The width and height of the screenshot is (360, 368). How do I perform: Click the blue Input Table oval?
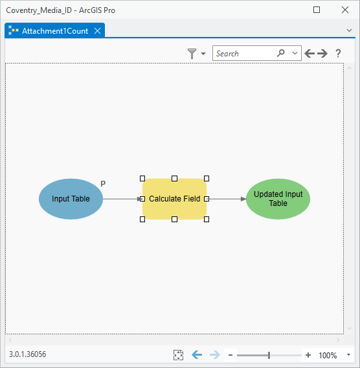coord(71,199)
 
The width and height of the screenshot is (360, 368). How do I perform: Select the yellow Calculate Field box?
coord(174,199)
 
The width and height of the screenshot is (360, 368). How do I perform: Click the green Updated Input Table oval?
coord(278,199)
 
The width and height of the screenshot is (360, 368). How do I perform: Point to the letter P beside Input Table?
coord(103,183)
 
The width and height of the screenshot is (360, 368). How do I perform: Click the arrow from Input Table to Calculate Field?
coord(122,199)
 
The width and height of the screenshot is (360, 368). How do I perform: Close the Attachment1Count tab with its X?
coord(97,31)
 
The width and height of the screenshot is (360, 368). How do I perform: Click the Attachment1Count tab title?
coord(55,31)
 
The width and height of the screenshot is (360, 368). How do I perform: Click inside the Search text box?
coord(244,53)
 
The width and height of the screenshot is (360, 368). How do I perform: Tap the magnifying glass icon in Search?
coord(281,53)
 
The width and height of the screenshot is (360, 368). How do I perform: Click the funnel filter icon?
coord(192,54)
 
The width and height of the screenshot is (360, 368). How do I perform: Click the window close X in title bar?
coord(345,10)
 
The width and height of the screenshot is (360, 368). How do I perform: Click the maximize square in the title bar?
coord(317,10)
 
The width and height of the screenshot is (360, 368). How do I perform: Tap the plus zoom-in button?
coord(308,355)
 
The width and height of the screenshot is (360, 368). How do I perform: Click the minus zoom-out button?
coord(231,355)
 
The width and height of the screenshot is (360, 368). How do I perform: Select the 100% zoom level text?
coord(328,355)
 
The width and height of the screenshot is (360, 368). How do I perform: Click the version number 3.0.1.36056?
coord(27,354)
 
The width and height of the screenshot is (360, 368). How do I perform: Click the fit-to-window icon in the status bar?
coord(178,355)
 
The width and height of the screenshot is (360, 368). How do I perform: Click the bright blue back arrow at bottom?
coord(197,354)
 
